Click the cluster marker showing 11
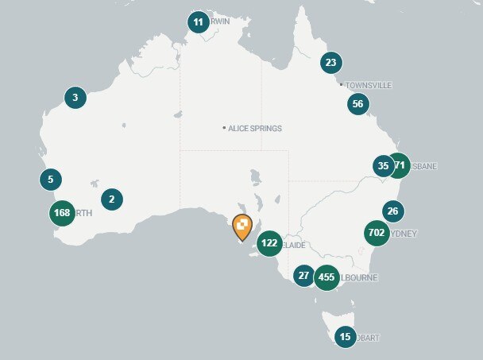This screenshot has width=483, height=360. coord(198,22)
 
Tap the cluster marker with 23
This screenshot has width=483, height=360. coord(330,63)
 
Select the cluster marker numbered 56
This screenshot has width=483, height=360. coord(357,103)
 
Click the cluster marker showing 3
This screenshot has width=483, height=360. coord(75,99)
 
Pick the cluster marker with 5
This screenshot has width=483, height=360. coord(50,179)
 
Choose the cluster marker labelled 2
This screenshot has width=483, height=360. coord(111,199)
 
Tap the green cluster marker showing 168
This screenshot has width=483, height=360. coord(61,213)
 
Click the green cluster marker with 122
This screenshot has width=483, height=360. coord(269,243)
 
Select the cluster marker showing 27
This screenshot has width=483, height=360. coord(303,276)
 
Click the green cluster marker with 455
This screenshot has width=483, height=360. coord(326,277)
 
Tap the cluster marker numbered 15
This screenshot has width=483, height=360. coord(345,337)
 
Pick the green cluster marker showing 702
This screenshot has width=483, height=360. coord(377,233)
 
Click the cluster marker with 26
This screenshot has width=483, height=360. coord(392,211)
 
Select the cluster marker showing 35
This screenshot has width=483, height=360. coord(383,166)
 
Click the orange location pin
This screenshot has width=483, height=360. coord(242,227)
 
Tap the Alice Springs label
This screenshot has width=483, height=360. coord(255,128)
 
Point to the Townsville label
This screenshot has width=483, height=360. coord(368,85)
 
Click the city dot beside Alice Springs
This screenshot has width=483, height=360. coord(225,127)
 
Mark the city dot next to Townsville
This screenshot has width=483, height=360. coord(341,84)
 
